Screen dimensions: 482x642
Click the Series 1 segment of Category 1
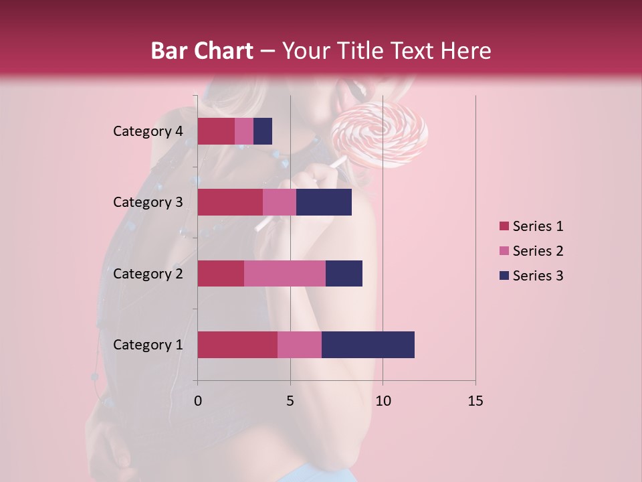[237, 345]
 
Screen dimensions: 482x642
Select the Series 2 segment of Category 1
[300, 345]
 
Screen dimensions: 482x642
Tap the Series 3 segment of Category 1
[368, 345]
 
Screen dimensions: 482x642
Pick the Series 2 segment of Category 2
[285, 273]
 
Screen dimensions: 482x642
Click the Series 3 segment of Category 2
[344, 273]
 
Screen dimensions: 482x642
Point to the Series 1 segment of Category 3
[230, 202]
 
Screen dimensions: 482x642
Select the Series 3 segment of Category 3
[324, 202]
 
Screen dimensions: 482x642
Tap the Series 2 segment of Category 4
[244, 131]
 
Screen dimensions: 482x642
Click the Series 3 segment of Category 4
[263, 131]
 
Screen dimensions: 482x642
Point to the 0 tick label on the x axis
[198, 401]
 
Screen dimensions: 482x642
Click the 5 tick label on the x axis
[290, 401]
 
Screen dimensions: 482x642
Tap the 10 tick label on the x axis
[383, 401]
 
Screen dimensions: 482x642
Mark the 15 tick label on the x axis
[475, 401]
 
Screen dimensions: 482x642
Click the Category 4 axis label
[148, 131]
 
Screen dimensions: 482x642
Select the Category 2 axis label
[148, 273]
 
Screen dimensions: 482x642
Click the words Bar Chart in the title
[202, 51]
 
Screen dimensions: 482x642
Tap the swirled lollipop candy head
[379, 135]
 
